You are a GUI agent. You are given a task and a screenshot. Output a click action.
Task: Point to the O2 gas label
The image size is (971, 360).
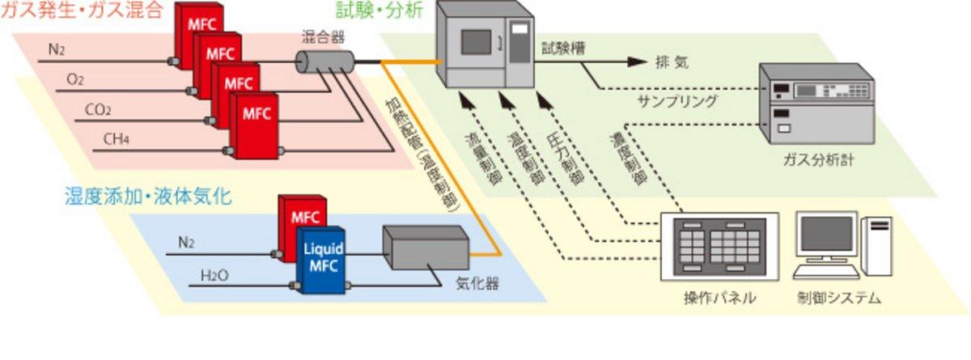[75, 79]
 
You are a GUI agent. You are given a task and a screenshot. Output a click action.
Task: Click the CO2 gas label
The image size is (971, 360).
[98, 109]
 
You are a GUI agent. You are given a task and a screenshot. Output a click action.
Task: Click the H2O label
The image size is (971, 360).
[214, 277]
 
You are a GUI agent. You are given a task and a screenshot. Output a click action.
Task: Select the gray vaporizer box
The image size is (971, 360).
[424, 249]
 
